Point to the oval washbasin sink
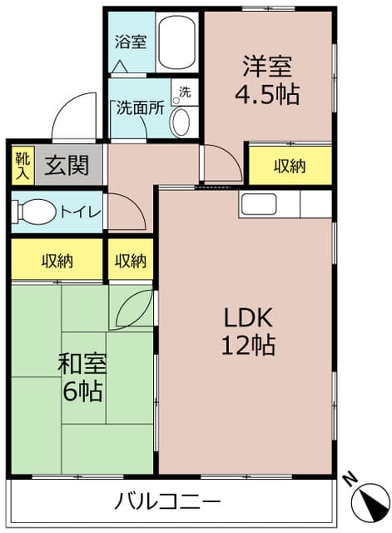(180, 122)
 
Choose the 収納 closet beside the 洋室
(290, 166)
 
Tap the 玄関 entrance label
(67, 166)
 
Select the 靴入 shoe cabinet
(21, 166)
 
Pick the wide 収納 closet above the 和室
(57, 261)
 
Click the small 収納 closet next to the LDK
(131, 261)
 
